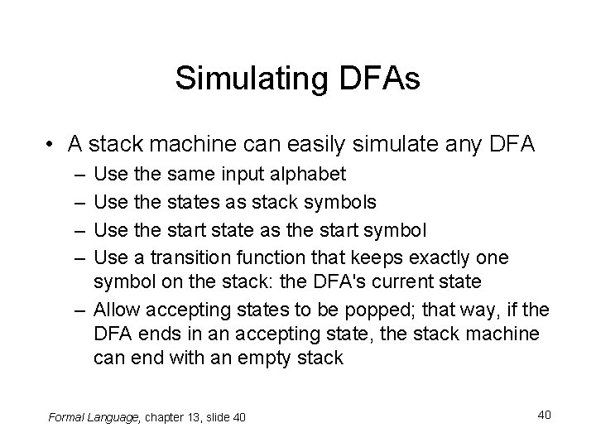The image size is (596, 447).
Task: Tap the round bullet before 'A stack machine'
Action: (x=52, y=146)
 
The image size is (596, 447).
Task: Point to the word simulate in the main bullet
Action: (x=411, y=146)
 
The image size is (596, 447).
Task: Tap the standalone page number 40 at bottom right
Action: (x=542, y=413)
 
